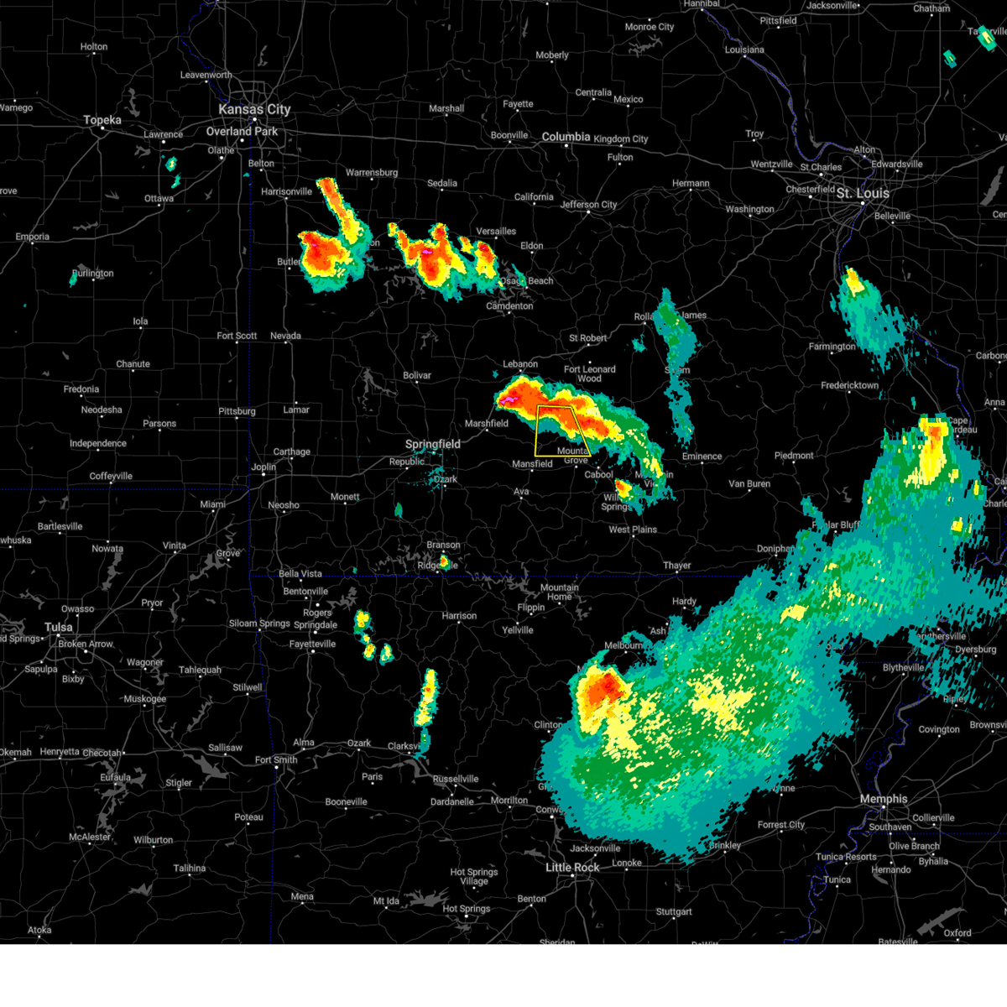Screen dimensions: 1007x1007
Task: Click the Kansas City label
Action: click(254, 110)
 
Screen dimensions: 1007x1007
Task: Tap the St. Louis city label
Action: click(862, 194)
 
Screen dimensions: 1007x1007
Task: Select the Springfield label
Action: click(433, 444)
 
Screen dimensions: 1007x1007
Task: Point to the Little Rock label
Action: click(572, 867)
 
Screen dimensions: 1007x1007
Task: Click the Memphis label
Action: click(883, 799)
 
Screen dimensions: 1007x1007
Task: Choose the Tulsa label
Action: click(59, 628)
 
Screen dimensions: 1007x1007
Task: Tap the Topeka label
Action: click(102, 121)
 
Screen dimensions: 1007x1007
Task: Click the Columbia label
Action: click(566, 137)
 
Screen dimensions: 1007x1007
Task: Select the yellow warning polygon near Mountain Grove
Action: click(561, 430)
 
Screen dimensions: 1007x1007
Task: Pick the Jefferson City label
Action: click(588, 205)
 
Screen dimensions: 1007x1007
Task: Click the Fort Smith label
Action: click(276, 760)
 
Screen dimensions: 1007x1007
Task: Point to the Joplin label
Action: click(263, 467)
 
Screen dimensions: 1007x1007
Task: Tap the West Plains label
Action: click(633, 530)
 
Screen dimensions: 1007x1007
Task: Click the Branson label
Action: click(443, 545)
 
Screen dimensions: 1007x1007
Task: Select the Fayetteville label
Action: click(312, 644)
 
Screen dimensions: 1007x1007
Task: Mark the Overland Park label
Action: click(242, 132)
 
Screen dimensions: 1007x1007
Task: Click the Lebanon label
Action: click(520, 364)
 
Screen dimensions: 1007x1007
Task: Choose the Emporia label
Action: click(32, 237)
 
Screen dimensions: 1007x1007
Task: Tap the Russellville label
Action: click(456, 780)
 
